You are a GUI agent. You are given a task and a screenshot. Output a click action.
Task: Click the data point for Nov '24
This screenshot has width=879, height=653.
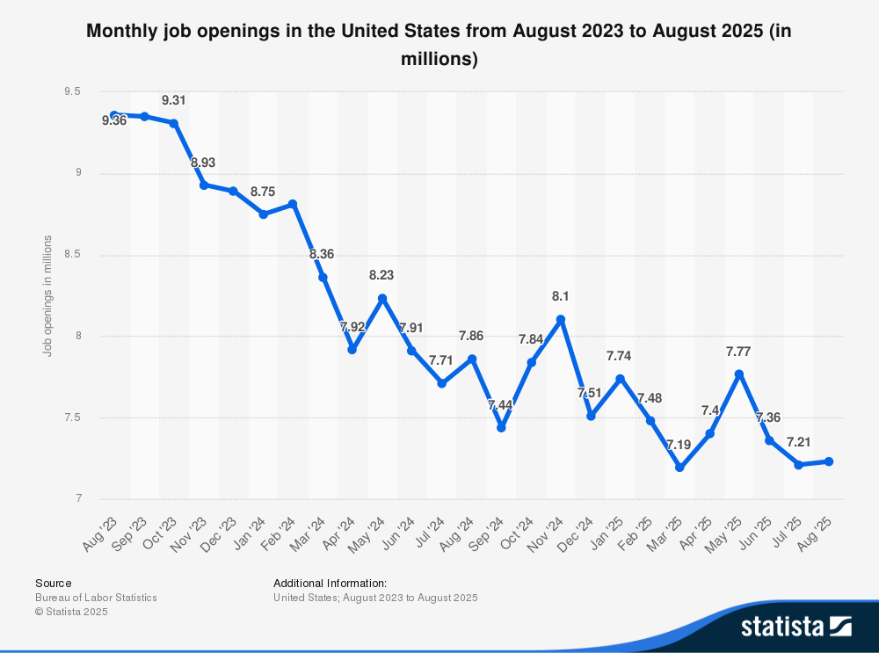click(x=561, y=320)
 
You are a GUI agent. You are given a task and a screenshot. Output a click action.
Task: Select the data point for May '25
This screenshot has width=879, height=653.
click(x=739, y=374)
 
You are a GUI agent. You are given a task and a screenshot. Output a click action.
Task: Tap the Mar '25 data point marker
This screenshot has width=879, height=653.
click(x=679, y=468)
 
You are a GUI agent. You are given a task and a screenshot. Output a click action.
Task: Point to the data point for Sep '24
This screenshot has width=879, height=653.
click(x=501, y=428)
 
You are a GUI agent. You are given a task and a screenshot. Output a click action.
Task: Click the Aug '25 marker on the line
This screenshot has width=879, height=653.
click(x=829, y=461)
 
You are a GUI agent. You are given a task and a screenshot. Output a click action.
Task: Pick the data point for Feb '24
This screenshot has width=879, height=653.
click(x=293, y=204)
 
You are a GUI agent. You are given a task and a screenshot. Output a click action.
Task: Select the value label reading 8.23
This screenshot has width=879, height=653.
click(x=381, y=275)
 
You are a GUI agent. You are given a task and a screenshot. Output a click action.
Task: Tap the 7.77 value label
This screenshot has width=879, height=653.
click(x=739, y=352)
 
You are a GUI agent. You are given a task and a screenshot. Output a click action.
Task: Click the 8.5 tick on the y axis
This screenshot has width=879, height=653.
click(x=72, y=255)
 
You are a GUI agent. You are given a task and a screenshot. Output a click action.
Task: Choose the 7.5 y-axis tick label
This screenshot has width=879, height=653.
click(x=72, y=417)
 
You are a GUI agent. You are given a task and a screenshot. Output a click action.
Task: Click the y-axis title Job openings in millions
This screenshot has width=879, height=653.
click(x=48, y=295)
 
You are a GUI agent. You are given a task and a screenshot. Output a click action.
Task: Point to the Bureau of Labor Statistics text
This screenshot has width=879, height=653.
click(x=96, y=598)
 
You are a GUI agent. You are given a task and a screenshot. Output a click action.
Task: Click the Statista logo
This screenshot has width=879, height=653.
click(x=795, y=626)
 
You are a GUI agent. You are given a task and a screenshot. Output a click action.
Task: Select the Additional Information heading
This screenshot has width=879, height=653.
click(x=330, y=583)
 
